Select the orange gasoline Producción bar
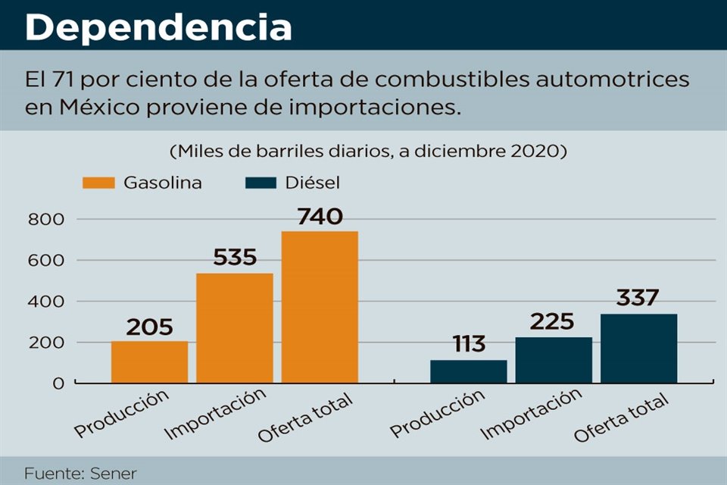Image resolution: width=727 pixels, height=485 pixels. point(149,362)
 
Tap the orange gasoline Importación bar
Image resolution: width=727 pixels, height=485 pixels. point(235,328)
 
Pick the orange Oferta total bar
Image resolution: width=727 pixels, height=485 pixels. point(320,307)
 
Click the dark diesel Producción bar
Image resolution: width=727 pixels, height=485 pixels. point(469,371)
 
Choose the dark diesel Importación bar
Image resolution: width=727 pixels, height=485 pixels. point(554,360)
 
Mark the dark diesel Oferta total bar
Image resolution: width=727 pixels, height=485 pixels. point(638,349)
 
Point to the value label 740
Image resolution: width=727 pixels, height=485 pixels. point(320,217)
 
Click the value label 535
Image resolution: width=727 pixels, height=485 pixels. point(235,258)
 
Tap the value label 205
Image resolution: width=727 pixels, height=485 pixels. point(149,327)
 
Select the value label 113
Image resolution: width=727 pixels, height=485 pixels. point(469,345)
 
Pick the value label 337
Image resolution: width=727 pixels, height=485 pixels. point(638,299)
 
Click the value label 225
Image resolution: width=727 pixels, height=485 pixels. point(554,322)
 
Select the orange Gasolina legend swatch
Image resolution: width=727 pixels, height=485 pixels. point(98,183)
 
